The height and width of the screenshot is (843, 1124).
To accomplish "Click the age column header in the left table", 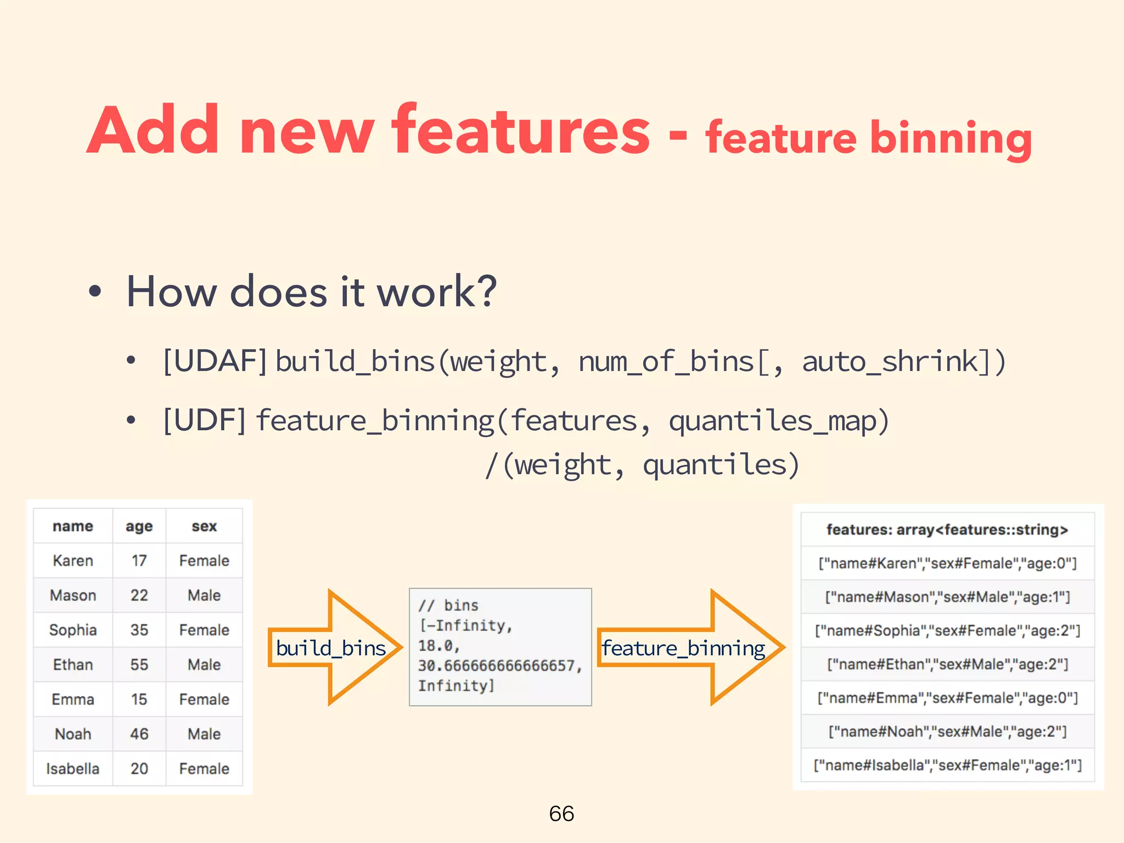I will pos(139,526).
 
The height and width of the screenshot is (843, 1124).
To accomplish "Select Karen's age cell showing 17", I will pos(139,560).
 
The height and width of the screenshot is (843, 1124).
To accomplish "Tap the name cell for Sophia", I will pos(72,630).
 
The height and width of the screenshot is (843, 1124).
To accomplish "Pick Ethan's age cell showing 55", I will pos(139,664).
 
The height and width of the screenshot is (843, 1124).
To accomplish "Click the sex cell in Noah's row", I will pos(204,734).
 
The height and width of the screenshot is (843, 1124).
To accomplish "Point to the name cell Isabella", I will pos(72,768).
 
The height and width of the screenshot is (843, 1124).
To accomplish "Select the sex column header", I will pos(204,526).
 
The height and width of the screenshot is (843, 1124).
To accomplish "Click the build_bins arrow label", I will pos(330,648).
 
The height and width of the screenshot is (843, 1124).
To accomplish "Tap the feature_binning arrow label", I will pos(683,648).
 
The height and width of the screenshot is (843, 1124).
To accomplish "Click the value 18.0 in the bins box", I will pos(437,645).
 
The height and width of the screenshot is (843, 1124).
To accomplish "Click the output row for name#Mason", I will pos(947,597).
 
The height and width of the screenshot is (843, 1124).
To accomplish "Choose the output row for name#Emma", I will pos(947,698).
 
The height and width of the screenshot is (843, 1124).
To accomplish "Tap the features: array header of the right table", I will pos(947,530).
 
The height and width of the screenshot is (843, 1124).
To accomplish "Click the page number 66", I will pos(561,813).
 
